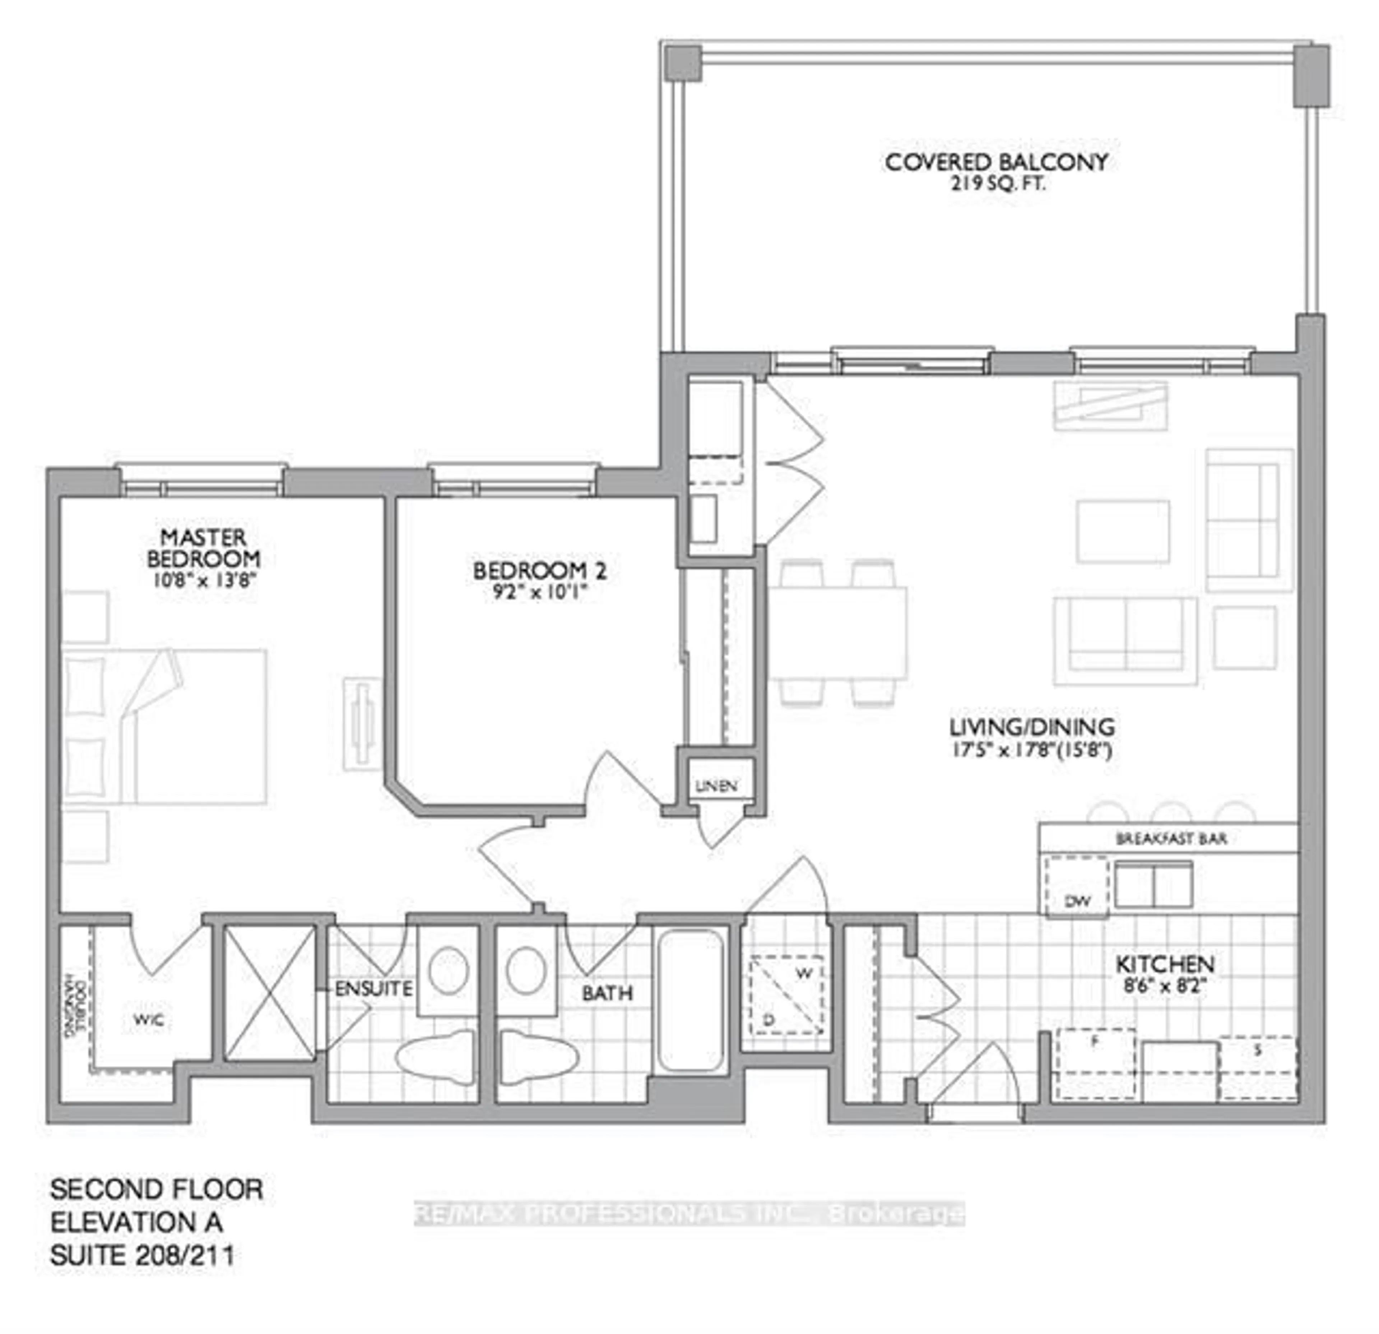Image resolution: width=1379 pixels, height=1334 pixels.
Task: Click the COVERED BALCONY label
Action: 995,162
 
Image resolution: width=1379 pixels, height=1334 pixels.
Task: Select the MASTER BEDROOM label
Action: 203,548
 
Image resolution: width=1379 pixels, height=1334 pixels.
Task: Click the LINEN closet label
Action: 716,786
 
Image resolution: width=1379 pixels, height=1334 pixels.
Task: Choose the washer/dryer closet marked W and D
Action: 786,995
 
